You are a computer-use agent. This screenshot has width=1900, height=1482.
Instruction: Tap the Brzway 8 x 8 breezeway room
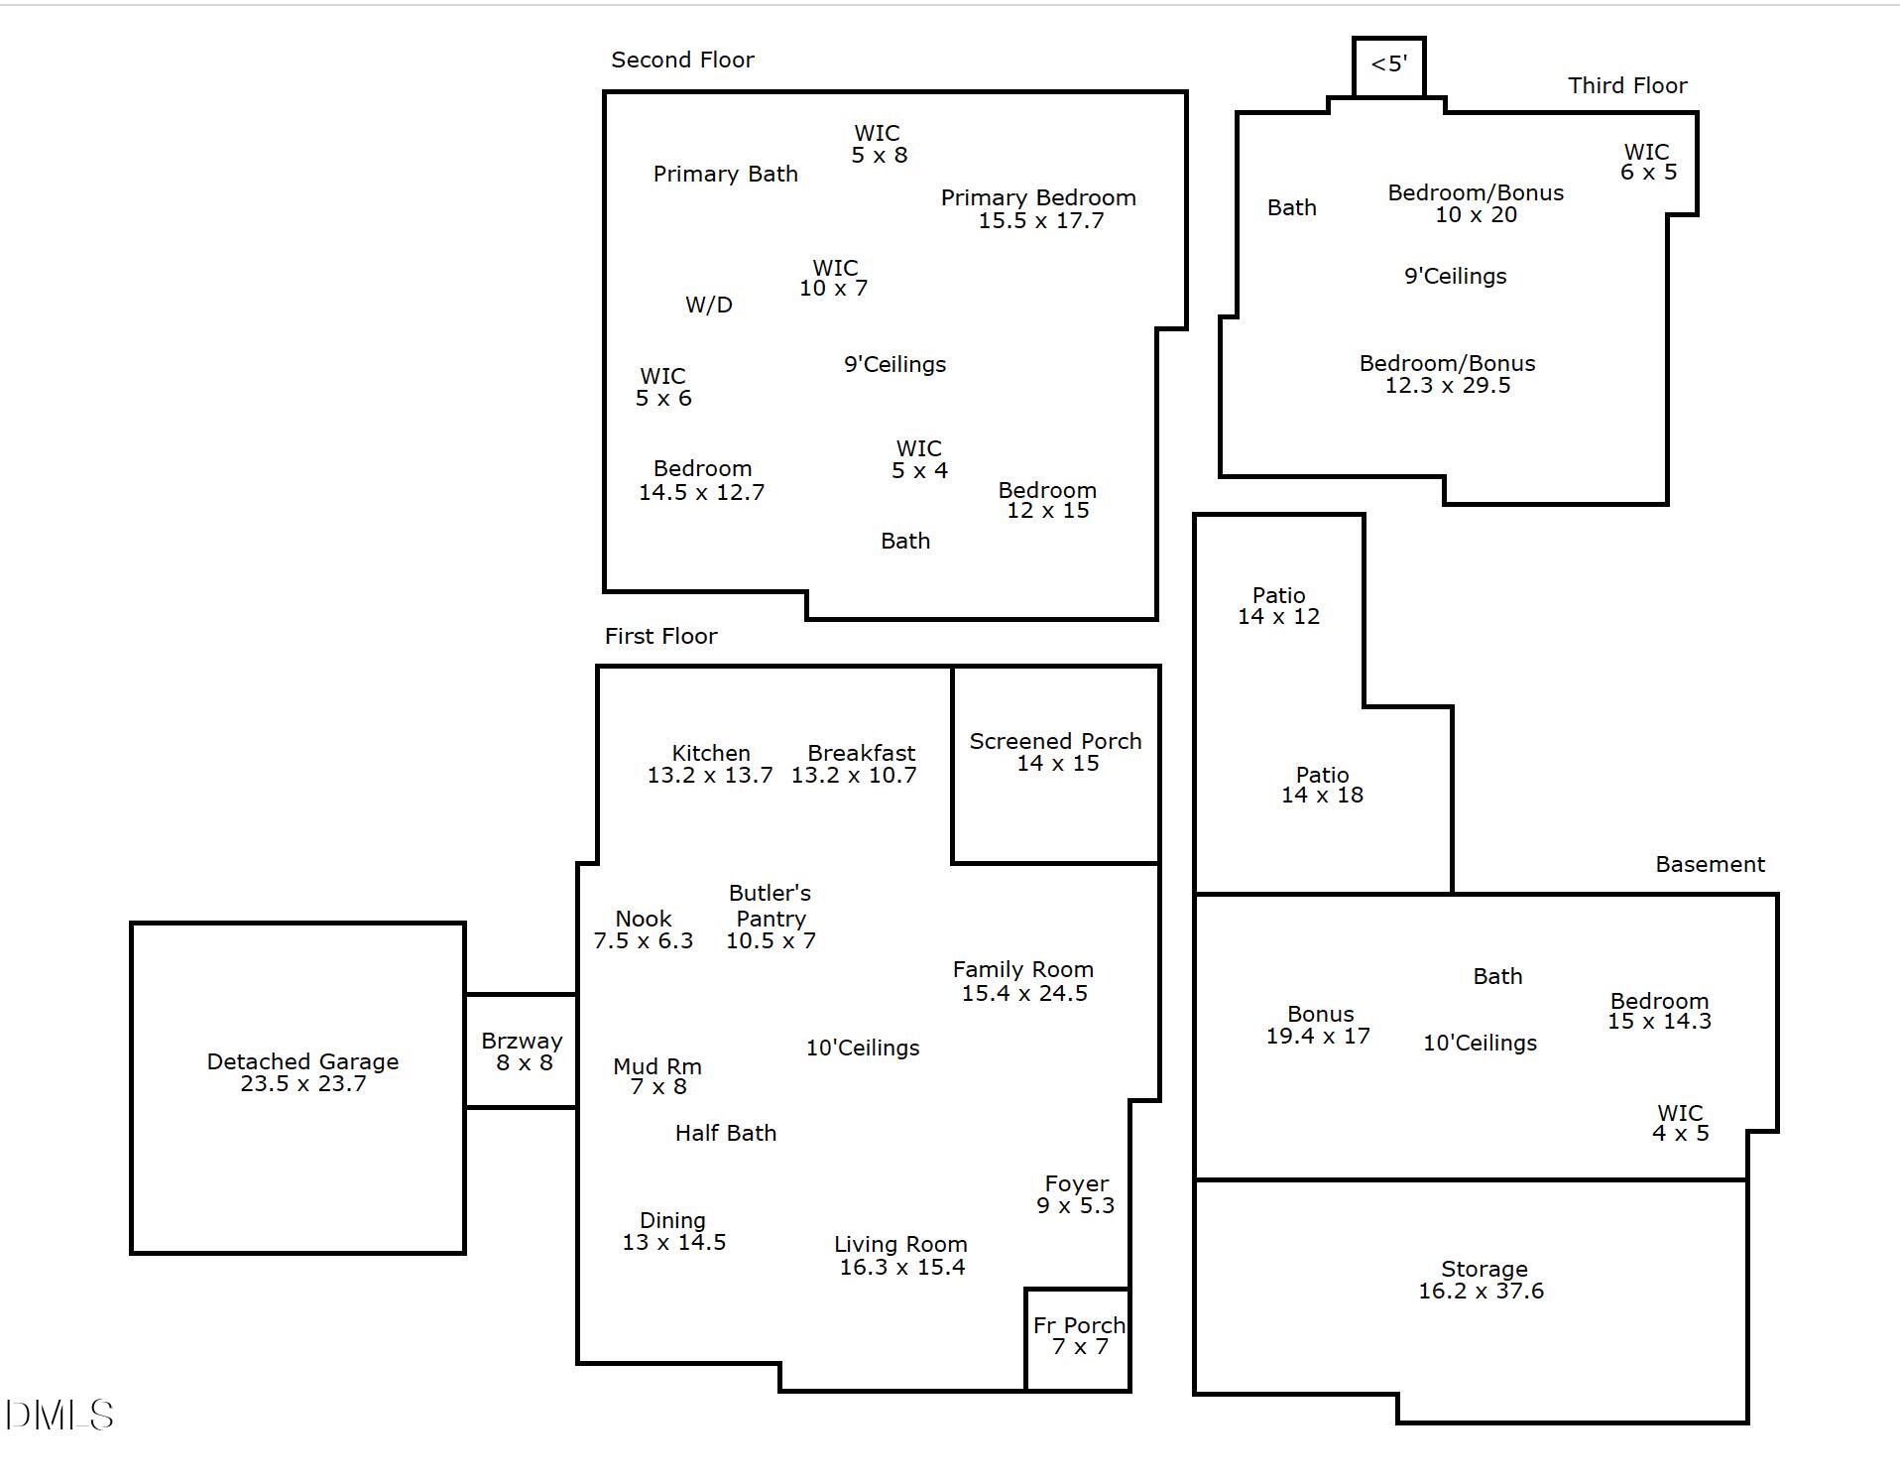[522, 1050]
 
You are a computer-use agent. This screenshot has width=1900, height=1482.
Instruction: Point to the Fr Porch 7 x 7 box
[1078, 1339]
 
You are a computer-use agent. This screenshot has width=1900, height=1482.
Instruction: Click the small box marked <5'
[1389, 66]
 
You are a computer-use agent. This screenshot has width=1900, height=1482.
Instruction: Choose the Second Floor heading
[682, 60]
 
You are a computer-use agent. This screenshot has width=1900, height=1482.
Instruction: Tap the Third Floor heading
[1627, 85]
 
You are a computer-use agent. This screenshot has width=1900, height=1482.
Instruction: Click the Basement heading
[1710, 864]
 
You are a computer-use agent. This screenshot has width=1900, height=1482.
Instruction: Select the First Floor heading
[660, 636]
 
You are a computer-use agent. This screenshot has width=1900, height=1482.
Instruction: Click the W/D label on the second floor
[709, 305]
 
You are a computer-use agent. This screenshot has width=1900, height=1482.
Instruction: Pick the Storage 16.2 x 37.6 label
[1483, 1280]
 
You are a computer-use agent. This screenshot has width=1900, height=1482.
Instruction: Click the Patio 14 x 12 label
[1278, 605]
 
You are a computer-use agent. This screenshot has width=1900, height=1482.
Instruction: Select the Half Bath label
[726, 1133]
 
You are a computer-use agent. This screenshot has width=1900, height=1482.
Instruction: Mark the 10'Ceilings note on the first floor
[863, 1048]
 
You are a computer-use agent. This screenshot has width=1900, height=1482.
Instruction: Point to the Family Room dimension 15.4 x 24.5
[1024, 993]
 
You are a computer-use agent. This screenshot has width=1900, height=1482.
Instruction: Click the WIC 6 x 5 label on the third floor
[1648, 162]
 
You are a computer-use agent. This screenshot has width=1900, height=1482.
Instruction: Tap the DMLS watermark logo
[59, 1416]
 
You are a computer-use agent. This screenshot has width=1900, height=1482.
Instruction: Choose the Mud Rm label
[657, 1066]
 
